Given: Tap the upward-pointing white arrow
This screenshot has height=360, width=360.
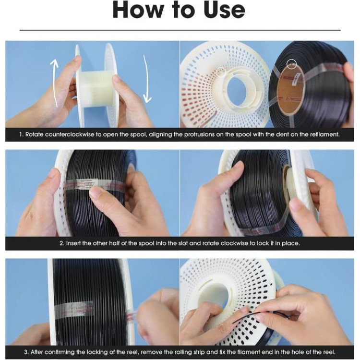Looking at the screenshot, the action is click(55, 83).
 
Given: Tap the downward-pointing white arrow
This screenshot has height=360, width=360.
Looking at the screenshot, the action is click(146, 79).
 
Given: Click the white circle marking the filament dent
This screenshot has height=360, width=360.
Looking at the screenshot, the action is click(291, 64).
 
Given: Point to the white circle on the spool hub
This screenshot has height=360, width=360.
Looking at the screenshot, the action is click(221, 72).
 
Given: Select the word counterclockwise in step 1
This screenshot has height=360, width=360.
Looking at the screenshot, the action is click(70, 134).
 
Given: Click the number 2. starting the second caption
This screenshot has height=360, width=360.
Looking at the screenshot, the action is click(62, 243).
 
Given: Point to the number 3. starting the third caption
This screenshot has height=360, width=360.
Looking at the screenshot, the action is click(26, 352).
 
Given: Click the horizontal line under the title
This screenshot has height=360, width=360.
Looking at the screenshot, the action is click(180, 30).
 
